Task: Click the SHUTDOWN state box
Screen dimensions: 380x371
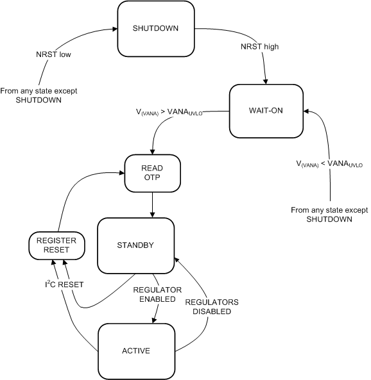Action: pos(155,29)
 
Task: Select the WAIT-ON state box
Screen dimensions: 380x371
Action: pos(265,110)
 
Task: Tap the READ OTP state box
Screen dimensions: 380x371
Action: pos(153,172)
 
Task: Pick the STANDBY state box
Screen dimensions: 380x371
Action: pos(135,245)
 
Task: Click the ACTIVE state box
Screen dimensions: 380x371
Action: pos(136,351)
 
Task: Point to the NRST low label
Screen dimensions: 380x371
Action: pos(53,54)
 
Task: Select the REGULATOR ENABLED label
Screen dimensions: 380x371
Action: pos(154,294)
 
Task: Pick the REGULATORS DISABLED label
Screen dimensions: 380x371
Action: pos(207,306)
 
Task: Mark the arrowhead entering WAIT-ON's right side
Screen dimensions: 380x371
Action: pos(306,110)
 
